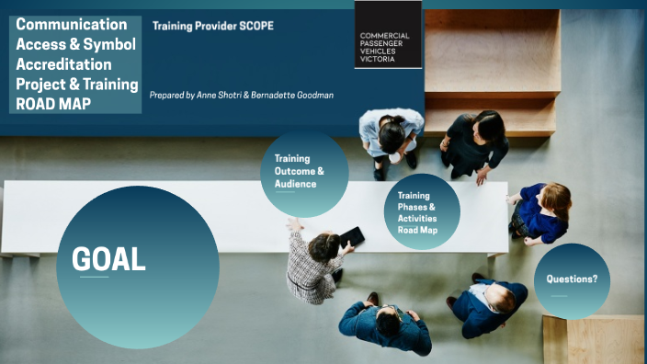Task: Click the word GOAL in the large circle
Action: point(108,259)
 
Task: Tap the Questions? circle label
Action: point(572,279)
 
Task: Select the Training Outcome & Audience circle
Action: point(300,171)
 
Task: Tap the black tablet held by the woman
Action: point(351,238)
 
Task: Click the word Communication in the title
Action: point(72,24)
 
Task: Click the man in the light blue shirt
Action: point(392,138)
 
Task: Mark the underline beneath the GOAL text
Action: point(93,277)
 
